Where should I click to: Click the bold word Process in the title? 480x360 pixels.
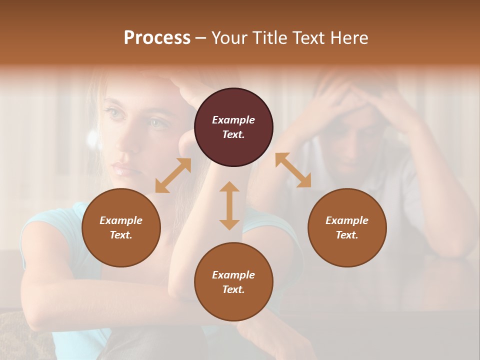pos(157,38)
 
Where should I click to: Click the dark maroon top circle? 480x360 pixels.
pos(233,127)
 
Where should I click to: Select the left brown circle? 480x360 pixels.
pos(121,228)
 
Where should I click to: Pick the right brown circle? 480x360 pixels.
pos(347,228)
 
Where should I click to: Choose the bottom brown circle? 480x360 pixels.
pos(233,282)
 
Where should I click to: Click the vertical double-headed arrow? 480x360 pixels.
pos(229,205)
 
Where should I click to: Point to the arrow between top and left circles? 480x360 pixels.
pos(173,175)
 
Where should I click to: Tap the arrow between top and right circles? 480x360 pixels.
pos(293,170)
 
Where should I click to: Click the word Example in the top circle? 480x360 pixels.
pos(233,120)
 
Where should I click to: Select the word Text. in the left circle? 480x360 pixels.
pos(121,235)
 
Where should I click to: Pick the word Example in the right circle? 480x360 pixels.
pos(347,220)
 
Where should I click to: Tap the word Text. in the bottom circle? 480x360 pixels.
pos(233,289)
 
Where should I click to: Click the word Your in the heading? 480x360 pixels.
pos(228,38)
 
